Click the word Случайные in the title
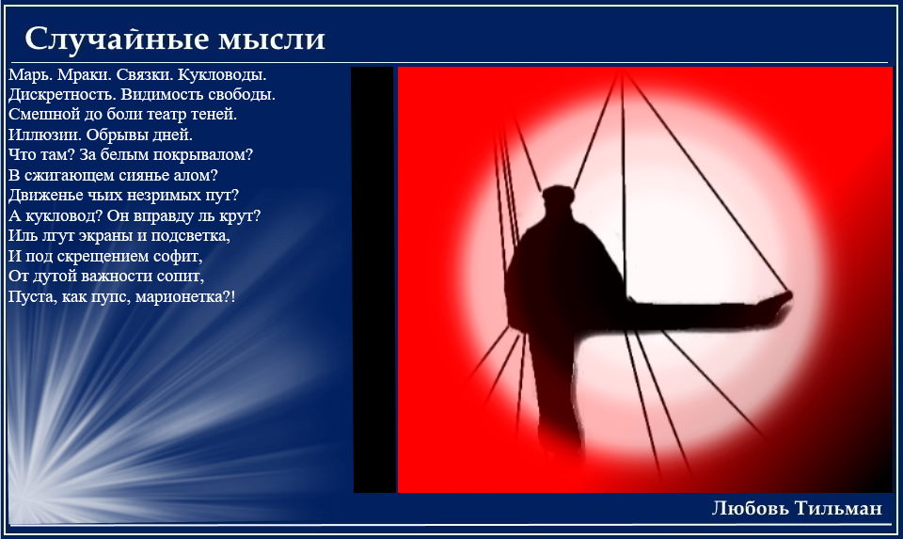click(x=117, y=40)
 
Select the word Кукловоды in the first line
click(x=222, y=75)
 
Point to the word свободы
click(x=242, y=94)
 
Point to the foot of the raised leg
click(x=779, y=302)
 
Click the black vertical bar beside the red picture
click(x=373, y=279)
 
